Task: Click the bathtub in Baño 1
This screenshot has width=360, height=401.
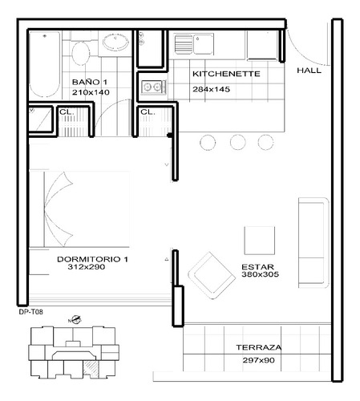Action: pyautogui.click(x=44, y=65)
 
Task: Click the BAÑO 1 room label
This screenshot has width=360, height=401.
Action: pyautogui.click(x=88, y=83)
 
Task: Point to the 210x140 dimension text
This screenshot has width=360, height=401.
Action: pyautogui.click(x=89, y=93)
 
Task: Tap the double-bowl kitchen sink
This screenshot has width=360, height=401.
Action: pyautogui.click(x=192, y=43)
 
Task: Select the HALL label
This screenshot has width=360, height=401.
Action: pyautogui.click(x=309, y=71)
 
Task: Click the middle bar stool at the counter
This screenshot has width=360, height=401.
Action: pyautogui.click(x=237, y=142)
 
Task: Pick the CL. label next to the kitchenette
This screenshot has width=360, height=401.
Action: pyautogui.click(x=148, y=112)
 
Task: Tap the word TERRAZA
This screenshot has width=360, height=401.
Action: pyautogui.click(x=258, y=348)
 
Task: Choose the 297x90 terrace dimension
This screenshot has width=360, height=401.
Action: pyautogui.click(x=258, y=361)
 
